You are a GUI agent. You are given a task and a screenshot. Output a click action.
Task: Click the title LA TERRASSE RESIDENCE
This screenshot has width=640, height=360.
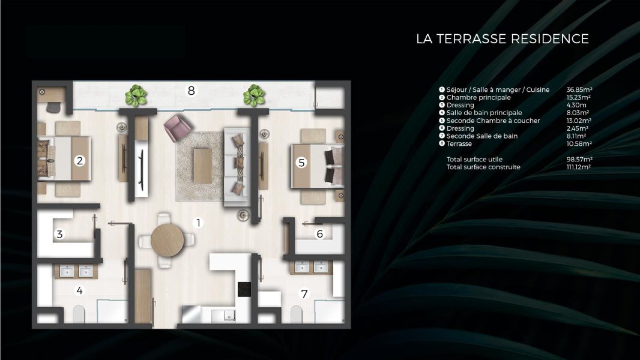point(502,39)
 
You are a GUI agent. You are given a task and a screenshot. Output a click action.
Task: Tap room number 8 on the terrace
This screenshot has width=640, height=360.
point(192,91)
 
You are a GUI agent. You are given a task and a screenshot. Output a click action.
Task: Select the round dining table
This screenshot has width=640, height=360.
point(167,241)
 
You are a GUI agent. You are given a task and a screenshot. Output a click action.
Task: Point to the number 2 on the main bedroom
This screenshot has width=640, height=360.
point(79,160)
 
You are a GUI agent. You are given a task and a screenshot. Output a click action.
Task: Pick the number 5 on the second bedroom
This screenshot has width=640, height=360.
point(302,162)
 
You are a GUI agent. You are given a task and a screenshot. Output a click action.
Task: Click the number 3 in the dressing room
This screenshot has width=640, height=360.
point(59,235)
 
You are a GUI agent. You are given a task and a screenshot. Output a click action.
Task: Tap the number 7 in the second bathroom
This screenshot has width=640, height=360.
point(304,294)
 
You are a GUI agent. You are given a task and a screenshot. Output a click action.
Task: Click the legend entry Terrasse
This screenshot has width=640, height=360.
point(459,144)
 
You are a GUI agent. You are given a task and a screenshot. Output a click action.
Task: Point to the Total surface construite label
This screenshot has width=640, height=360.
point(483,167)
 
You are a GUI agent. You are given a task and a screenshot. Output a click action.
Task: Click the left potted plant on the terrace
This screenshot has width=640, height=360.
point(136,95)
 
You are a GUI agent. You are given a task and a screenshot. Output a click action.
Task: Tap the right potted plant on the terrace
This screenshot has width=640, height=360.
point(254,95)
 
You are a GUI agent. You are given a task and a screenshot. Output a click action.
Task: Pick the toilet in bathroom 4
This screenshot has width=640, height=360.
point(79,314)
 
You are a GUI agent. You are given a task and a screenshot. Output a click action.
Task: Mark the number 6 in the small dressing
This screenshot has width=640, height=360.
point(320,234)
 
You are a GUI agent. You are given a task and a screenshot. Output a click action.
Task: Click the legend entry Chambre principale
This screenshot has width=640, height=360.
point(478,98)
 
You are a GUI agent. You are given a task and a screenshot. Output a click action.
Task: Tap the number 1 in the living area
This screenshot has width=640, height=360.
point(199,223)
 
